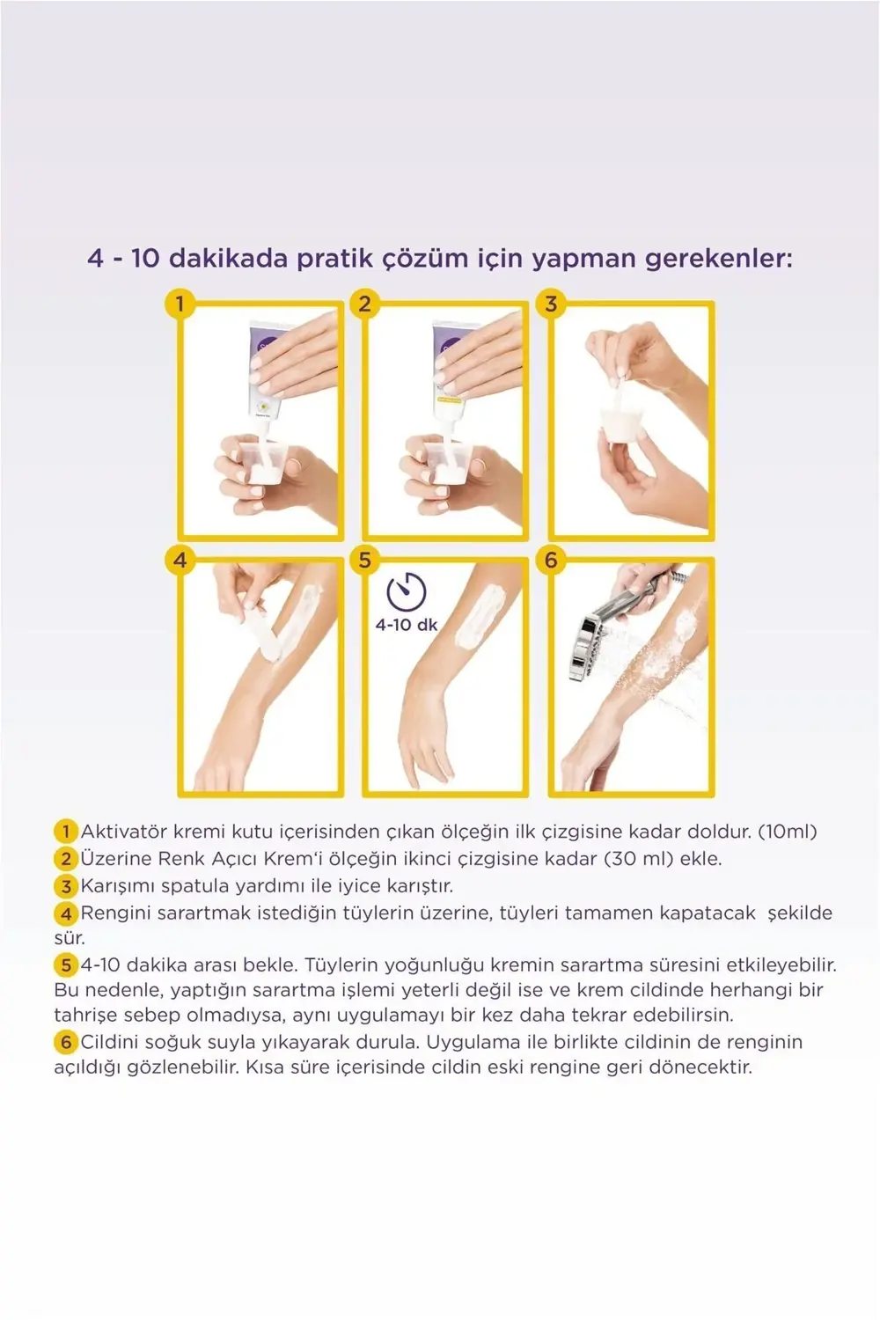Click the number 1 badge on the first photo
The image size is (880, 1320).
click(180, 304)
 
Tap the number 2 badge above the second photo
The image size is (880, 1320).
click(364, 304)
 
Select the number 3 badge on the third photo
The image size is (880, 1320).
click(551, 304)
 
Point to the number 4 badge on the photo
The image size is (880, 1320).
click(180, 560)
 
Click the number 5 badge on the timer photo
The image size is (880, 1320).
click(364, 560)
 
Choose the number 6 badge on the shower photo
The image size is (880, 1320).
click(551, 560)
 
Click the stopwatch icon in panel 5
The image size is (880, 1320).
click(406, 591)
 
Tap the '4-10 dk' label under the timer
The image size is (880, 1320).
click(406, 625)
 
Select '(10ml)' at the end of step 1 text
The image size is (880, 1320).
click(787, 832)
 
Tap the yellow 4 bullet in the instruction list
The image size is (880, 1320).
click(66, 914)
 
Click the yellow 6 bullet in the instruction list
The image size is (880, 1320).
click(66, 1043)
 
